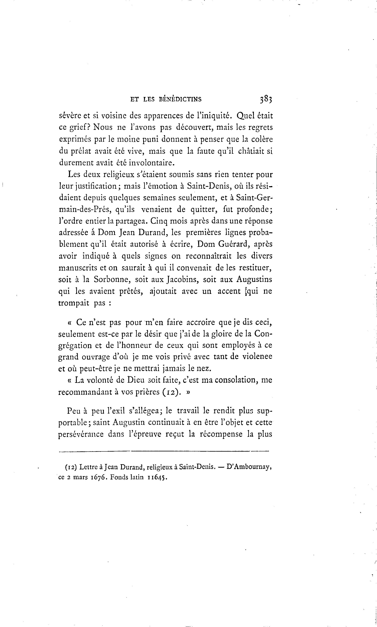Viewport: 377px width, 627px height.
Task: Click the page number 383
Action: [266, 99]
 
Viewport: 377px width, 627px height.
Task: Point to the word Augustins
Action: [254, 279]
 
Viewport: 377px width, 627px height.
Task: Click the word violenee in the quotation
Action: [257, 357]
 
